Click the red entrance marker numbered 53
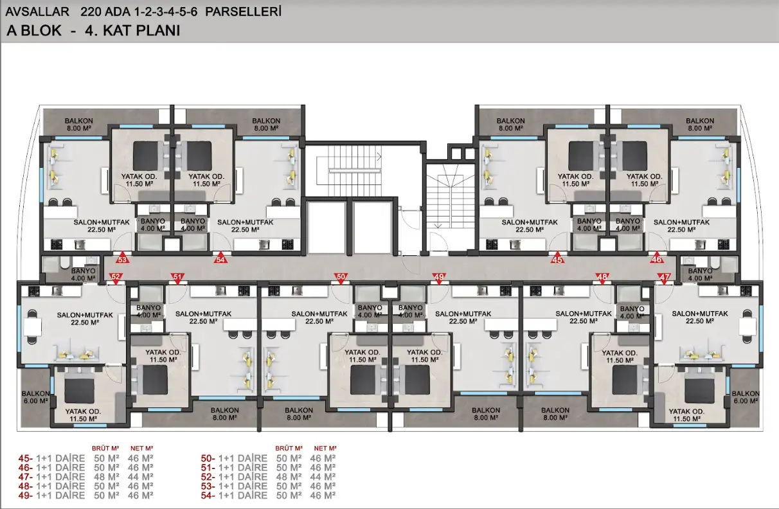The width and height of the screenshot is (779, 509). [122, 258]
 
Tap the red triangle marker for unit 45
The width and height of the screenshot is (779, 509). [557, 258]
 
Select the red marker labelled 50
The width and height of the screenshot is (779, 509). [341, 278]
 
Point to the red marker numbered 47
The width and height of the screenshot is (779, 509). [664, 278]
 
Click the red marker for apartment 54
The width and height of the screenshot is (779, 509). [220, 258]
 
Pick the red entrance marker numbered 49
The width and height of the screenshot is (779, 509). [439, 278]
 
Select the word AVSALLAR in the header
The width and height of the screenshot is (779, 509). [37, 12]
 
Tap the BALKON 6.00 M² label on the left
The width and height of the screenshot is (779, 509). [35, 397]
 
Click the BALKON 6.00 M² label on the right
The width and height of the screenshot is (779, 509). [746, 397]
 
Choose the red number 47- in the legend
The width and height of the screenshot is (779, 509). [25, 477]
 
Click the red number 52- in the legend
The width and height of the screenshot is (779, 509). [208, 477]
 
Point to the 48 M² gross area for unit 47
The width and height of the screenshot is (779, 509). [107, 477]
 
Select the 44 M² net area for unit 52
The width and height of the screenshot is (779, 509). [323, 477]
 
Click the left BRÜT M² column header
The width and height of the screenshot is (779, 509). [105, 449]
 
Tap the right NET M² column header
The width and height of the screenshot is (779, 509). [325, 449]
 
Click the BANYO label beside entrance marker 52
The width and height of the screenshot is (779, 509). [83, 271]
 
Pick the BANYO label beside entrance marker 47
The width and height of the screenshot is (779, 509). [700, 271]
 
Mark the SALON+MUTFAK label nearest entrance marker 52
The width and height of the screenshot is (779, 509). [85, 315]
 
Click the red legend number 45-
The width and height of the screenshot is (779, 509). [25, 458]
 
